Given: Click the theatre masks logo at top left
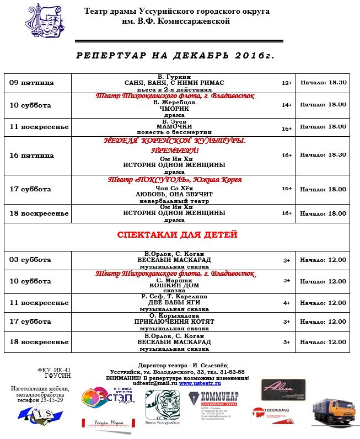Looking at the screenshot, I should (44, 25).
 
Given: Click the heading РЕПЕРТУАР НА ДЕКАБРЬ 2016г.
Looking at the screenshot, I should (175, 56).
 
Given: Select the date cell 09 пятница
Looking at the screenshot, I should (32, 83).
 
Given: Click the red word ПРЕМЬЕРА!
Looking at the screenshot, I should (175, 150).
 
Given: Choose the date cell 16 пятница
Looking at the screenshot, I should (32, 156).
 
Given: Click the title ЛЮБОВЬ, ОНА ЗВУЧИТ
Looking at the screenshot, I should (174, 194).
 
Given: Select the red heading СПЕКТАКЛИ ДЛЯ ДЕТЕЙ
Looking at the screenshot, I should (176, 235).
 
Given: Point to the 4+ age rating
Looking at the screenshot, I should (286, 303).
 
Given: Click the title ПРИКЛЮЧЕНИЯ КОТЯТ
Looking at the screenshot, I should (174, 322).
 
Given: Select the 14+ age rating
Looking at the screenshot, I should (286, 105).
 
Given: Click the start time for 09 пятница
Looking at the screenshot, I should (323, 82).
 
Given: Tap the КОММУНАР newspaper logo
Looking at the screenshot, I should (213, 405).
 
